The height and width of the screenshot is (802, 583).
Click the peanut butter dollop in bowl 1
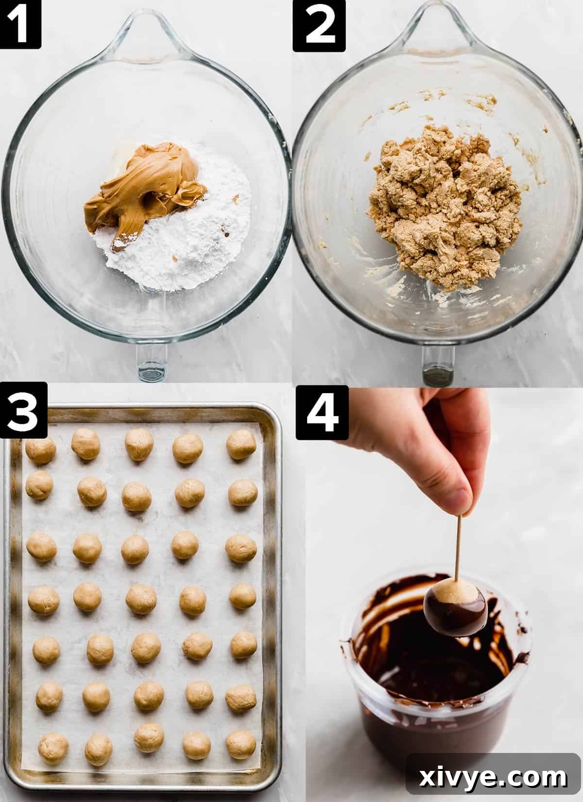(146, 180)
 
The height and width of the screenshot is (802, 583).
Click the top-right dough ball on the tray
(241, 444)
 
